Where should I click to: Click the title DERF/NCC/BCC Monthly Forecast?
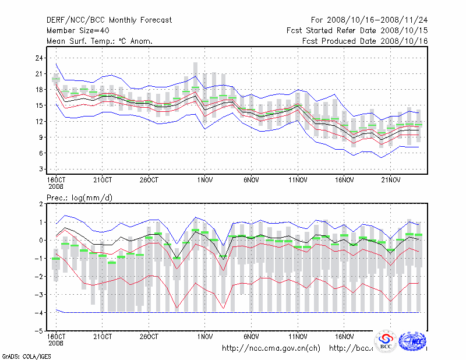pyautogui.click(x=109, y=20)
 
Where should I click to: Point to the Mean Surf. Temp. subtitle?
pyautogui.click(x=100, y=41)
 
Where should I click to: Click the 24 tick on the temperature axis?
pyautogui.click(x=40, y=58)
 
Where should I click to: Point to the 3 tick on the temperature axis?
pyautogui.click(x=41, y=169)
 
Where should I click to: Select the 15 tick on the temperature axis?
pyautogui.click(x=40, y=105)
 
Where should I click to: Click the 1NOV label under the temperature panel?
pyautogui.click(x=204, y=179)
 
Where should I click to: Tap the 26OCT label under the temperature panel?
pyautogui.click(x=149, y=179)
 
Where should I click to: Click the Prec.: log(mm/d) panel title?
pyautogui.click(x=79, y=198)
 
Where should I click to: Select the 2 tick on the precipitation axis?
pyautogui.click(x=41, y=204)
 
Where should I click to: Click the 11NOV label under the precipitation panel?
pyautogui.click(x=298, y=337)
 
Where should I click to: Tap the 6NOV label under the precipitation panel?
pyautogui.click(x=251, y=337)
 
